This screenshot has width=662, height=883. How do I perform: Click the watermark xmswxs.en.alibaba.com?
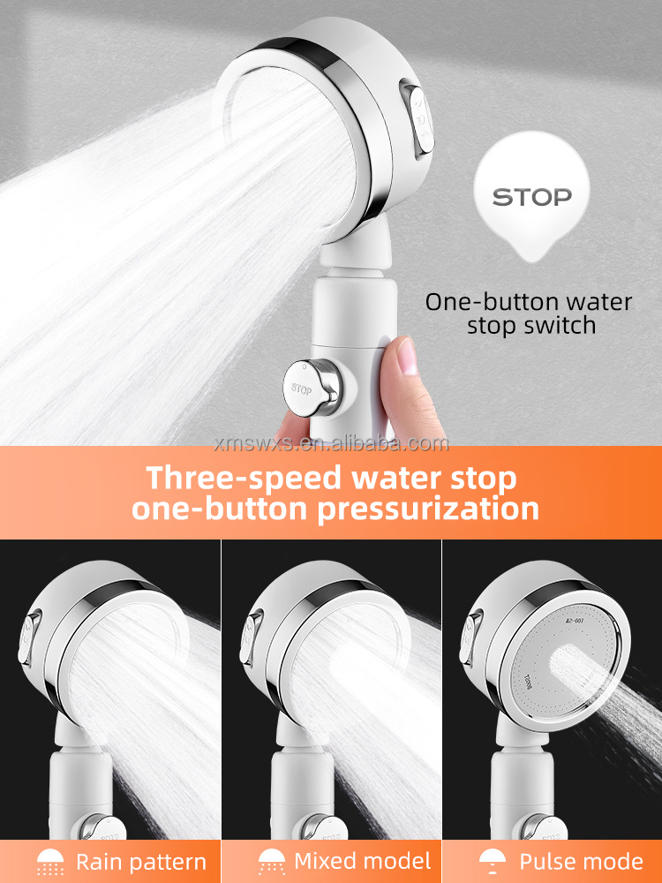[330, 443]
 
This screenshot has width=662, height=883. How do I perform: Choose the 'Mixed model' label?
[362, 862]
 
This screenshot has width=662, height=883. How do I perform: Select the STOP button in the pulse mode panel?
[540, 830]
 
